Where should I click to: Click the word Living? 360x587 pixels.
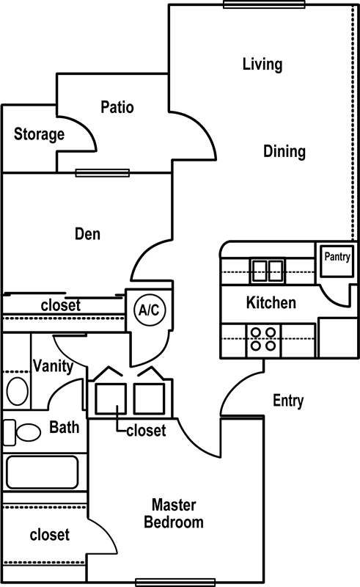pos(262,64)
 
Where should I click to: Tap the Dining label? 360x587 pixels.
pos(284,151)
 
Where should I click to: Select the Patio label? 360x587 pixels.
pos(117,107)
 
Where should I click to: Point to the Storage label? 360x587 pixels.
pos(39,134)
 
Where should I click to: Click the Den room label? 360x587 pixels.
pos(87,233)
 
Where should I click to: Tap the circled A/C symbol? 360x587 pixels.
pos(150,310)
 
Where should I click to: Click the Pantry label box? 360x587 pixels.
pos(337,260)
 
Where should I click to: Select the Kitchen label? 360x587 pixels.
pos(271,302)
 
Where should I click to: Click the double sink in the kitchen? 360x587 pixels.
pos(267,271)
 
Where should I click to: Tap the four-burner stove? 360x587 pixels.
pos(264,339)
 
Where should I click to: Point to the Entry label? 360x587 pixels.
pos(288,401)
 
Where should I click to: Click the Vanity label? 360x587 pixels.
pos(53,365)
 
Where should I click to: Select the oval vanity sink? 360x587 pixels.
pos(17,391)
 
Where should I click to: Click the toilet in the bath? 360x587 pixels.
pos(22,432)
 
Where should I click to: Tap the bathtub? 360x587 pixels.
pos(43,472)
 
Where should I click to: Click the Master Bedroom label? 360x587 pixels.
pos(174,514)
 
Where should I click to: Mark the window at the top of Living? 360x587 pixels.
pos(264,4)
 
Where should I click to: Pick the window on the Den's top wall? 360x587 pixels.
pos(103,173)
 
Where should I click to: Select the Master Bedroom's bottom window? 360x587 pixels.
pos(175,582)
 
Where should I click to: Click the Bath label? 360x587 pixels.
pos(65,427)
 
